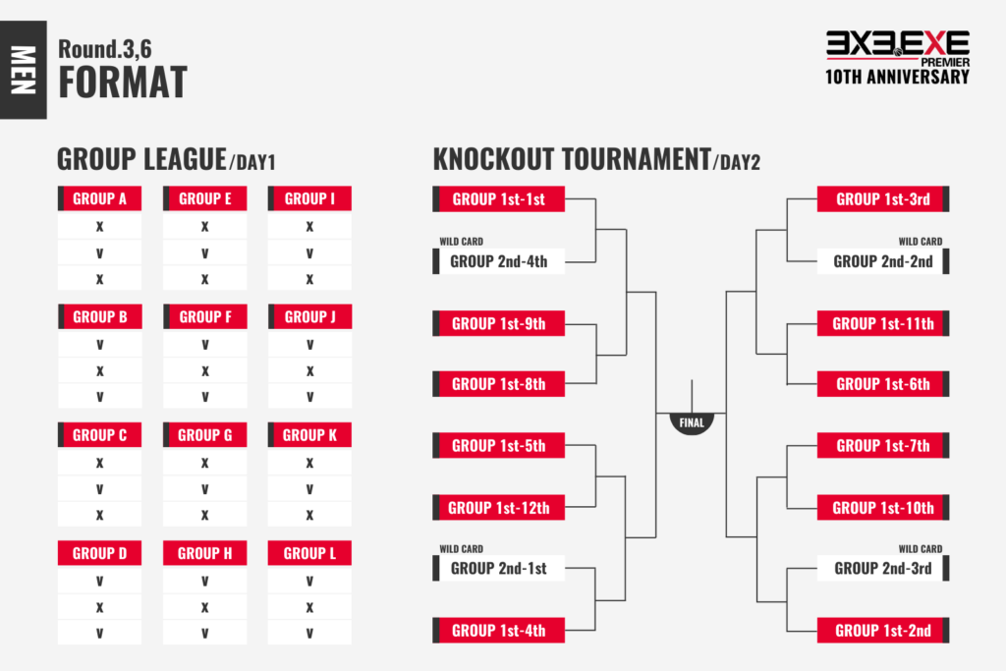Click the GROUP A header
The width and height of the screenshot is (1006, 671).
99,198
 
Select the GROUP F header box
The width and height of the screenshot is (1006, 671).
205,317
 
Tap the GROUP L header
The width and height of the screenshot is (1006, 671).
309,553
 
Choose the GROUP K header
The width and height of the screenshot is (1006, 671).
309,435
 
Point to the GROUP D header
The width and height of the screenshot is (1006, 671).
99,553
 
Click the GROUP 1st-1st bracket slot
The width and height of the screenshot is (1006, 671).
498,198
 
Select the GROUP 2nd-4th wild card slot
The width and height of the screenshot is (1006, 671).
498,261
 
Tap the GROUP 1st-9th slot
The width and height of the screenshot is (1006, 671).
498,323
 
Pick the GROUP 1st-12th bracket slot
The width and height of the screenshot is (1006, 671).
498,507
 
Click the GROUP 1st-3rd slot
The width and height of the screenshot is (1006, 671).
883,198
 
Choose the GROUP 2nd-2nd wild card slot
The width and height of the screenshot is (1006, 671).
883,261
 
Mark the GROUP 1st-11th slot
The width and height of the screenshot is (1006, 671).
883,323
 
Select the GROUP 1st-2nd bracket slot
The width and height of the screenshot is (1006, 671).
883,631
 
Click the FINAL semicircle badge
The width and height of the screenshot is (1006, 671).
692,422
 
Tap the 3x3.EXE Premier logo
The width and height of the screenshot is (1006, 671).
897,58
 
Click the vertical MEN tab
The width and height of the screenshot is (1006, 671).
24,70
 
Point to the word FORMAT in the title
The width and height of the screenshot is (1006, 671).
123,83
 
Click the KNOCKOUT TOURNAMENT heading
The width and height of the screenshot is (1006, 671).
572,159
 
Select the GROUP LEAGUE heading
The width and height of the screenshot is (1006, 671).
141,159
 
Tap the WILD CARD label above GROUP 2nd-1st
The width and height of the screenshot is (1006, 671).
462,549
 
